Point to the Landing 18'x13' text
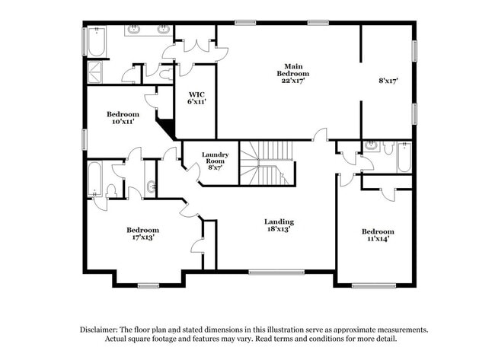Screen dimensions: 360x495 click(x=279, y=225)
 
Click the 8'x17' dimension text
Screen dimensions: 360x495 click(x=388, y=79)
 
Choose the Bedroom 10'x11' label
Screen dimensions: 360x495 click(x=122, y=118)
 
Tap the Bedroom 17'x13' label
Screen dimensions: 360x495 click(x=142, y=234)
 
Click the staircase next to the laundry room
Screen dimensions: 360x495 click(x=267, y=164)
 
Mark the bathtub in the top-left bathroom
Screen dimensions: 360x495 click(x=95, y=43)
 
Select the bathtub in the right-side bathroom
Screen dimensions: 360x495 click(x=404, y=157)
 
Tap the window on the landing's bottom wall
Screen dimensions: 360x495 click(x=271, y=271)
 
